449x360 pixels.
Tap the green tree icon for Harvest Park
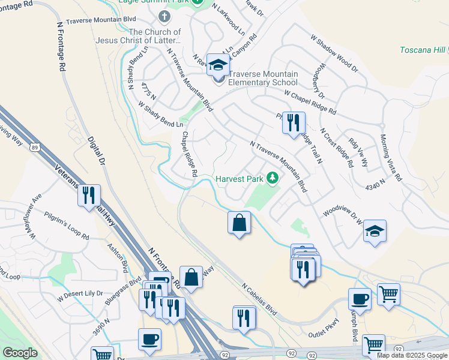tap(273, 178)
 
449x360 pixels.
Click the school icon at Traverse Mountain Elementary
tap(217, 65)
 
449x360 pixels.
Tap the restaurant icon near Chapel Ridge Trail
tap(294, 123)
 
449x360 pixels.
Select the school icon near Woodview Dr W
tap(375, 232)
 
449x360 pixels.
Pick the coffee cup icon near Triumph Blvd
tap(360, 299)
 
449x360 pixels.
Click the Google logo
tap(20, 353)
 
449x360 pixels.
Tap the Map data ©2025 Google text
tap(412, 355)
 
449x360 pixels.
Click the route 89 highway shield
tap(36, 148)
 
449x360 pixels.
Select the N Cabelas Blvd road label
tap(259, 299)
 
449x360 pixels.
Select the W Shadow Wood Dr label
tap(334, 53)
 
